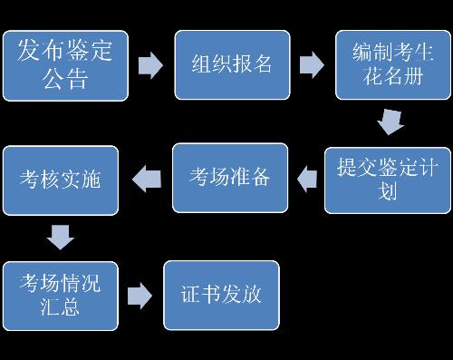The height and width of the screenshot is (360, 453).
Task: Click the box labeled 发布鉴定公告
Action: coord(65,65)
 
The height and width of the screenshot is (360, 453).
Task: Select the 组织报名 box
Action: coord(233,65)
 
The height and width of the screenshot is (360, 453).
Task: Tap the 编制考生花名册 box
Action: coord(393,65)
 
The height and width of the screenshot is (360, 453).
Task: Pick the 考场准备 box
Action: coord(230,177)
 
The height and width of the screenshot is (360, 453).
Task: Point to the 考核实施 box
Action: coord(61,180)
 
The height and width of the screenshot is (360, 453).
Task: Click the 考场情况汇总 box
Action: coord(61,295)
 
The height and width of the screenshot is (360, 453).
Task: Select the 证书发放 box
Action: coord(221,295)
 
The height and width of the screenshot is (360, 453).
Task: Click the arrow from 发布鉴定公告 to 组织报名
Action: coord(150,65)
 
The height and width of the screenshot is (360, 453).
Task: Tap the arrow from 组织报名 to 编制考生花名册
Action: coord(312,65)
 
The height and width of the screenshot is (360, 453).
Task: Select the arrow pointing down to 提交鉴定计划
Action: coord(390,122)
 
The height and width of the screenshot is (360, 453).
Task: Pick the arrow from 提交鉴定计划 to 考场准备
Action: coord(308,179)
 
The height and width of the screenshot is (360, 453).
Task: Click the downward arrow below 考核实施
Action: coord(61,238)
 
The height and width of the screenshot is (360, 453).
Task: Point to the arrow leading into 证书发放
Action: coord(140,296)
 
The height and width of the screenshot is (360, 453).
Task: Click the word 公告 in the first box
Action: coord(65,80)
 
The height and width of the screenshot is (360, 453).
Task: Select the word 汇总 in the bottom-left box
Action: coord(61,308)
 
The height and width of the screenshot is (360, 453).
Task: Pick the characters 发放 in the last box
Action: coord(241,295)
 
